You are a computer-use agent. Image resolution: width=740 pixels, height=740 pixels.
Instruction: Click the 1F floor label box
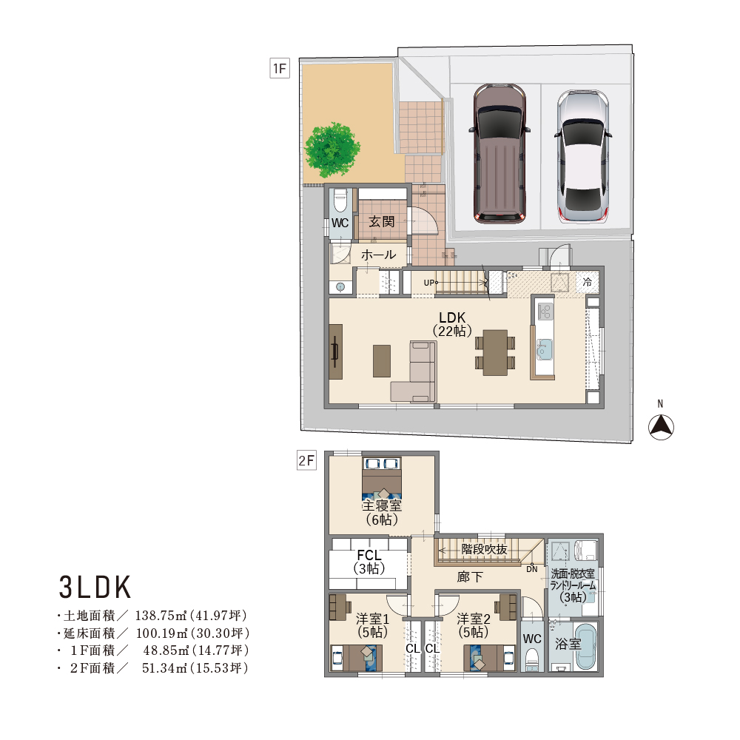tap(280, 68)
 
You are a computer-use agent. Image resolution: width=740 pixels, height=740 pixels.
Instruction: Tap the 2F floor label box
tap(306, 460)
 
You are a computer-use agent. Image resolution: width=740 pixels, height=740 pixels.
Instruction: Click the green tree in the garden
tap(332, 150)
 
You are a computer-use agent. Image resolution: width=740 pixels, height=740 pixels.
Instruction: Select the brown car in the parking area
tap(499, 153)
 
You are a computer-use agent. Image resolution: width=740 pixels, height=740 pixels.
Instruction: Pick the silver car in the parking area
tap(583, 156)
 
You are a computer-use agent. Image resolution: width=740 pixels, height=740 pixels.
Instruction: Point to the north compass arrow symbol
tap(661, 427)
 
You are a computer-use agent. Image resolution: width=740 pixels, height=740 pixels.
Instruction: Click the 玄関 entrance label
tap(381, 221)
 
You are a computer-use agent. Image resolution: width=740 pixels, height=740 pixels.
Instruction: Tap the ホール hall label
tap(378, 255)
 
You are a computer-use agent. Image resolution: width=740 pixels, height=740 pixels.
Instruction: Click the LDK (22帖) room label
tap(452, 324)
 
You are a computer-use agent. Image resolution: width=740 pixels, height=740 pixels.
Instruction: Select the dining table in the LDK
tap(495, 353)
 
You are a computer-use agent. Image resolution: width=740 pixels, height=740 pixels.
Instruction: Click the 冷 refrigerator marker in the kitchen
tap(588, 282)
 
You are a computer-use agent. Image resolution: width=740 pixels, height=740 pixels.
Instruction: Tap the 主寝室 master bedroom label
tap(382, 505)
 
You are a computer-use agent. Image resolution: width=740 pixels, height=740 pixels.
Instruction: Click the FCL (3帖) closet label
tap(369, 562)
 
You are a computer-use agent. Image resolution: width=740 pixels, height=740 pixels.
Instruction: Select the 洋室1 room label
tap(372, 619)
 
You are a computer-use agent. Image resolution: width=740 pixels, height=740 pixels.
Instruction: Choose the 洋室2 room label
tap(474, 619)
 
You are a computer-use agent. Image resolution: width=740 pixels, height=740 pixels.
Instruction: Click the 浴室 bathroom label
tap(568, 644)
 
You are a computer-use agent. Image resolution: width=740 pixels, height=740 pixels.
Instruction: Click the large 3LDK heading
tap(95, 587)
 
